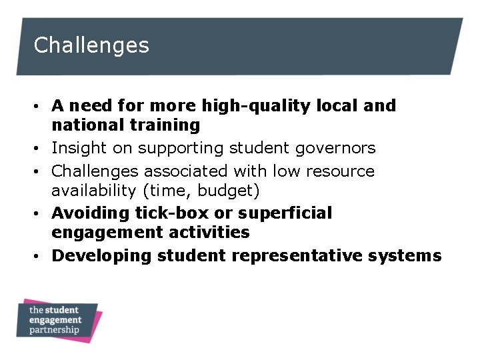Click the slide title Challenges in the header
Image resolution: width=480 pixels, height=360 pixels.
coord(91,45)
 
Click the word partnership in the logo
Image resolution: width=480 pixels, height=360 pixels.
coord(54,330)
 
